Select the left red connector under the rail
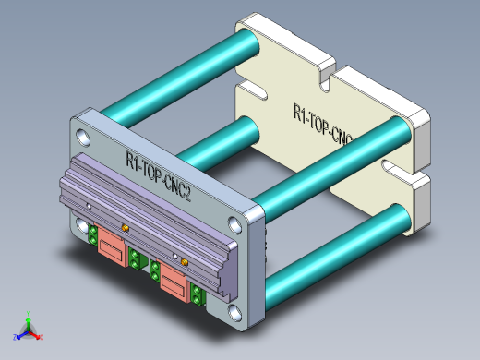113,247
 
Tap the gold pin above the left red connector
124,226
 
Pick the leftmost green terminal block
93,237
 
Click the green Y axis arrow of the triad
29,317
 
